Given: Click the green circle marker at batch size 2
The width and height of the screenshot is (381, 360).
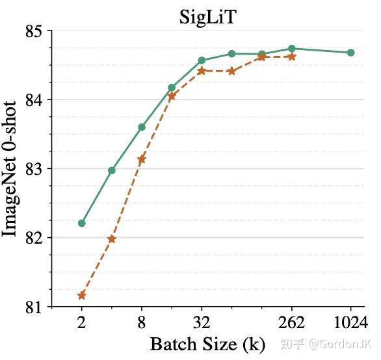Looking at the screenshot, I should pos(82,223).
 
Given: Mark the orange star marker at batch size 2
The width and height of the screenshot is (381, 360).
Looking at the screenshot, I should pos(82,296).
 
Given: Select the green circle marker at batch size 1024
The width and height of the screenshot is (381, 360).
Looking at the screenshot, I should pos(351,53).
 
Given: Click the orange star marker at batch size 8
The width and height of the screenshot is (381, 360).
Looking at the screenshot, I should pos(142,159).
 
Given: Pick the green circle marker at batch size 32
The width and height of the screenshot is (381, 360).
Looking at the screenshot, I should pos(202,60).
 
